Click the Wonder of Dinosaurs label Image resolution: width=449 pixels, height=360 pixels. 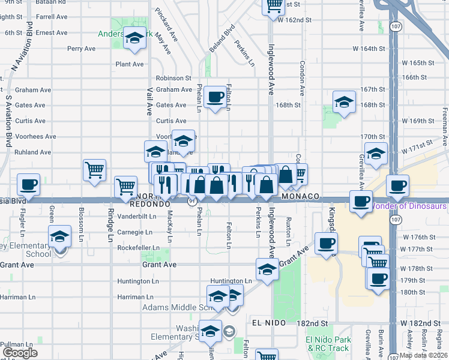point(409,206)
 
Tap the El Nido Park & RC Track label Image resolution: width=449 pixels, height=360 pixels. point(328,344)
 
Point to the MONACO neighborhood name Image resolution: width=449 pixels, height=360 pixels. point(298,197)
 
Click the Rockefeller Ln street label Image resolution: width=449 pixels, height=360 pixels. point(138,248)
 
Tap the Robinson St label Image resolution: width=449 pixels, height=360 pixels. point(173,78)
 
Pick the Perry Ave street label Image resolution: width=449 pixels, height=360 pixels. point(82,49)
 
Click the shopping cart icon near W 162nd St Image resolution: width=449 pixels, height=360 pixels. point(274,6)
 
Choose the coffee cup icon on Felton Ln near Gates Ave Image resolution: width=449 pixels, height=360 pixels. point(215,97)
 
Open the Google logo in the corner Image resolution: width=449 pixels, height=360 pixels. point(20,353)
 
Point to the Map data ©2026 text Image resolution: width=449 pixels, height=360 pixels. point(424,355)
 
